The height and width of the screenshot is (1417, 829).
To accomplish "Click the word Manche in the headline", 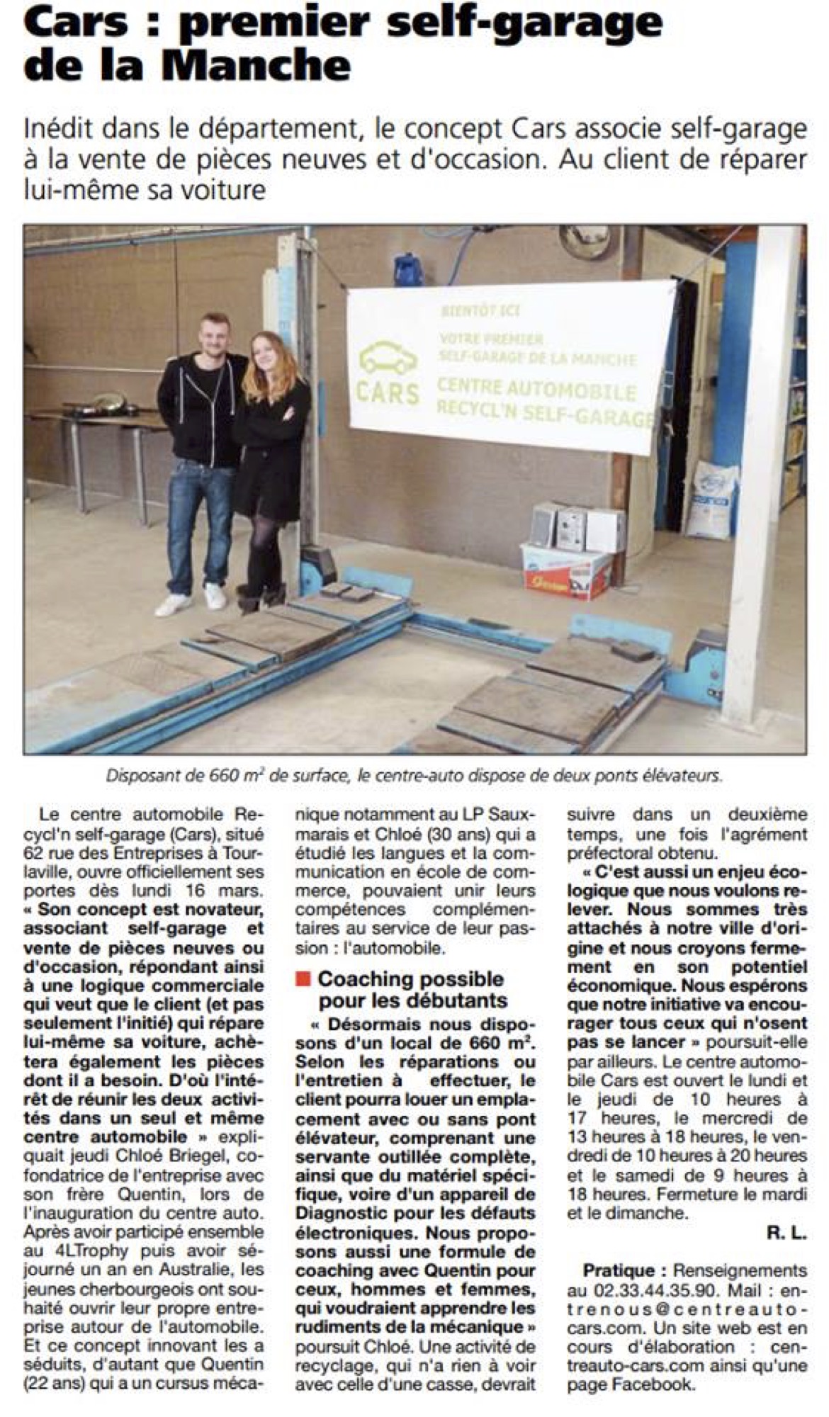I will coord(256,65).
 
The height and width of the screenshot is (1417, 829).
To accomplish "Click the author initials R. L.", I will coord(786,1233).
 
